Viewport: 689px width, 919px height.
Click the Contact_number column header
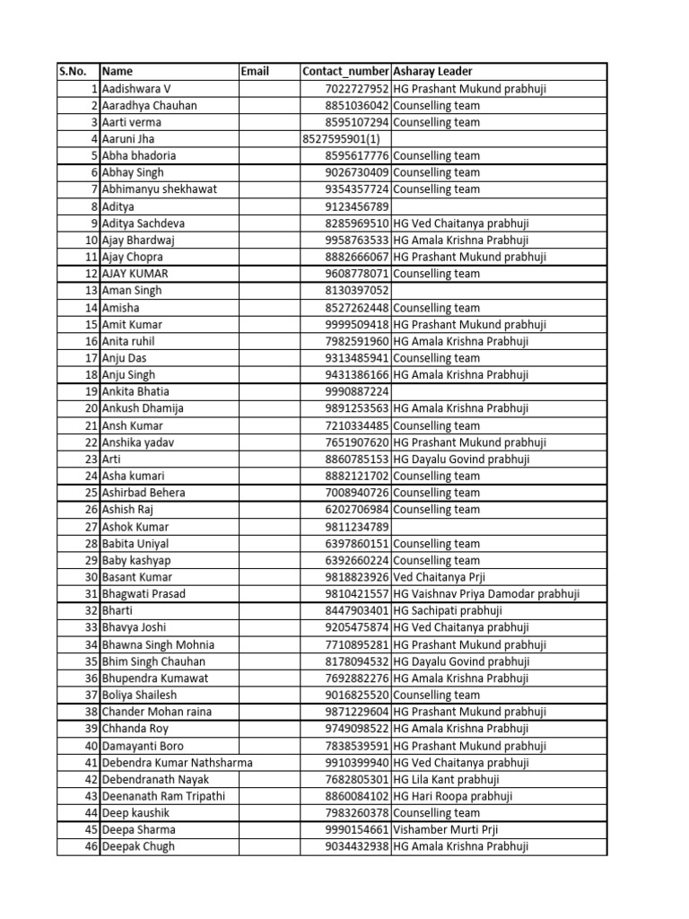[x=345, y=72]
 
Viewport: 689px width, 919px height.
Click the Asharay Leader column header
[x=432, y=72]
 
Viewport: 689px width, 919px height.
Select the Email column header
[x=255, y=72]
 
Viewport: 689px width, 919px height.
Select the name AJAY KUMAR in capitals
[x=135, y=274]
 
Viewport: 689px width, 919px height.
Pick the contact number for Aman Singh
[x=357, y=291]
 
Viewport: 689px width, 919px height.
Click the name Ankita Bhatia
[x=135, y=391]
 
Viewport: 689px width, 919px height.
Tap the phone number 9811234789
[x=357, y=527]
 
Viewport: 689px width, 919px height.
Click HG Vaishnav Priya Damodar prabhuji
[x=486, y=594]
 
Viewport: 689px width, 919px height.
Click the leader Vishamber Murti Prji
[x=444, y=829]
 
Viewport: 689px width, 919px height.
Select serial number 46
[x=91, y=846]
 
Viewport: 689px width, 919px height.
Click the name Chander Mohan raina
[x=158, y=712]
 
